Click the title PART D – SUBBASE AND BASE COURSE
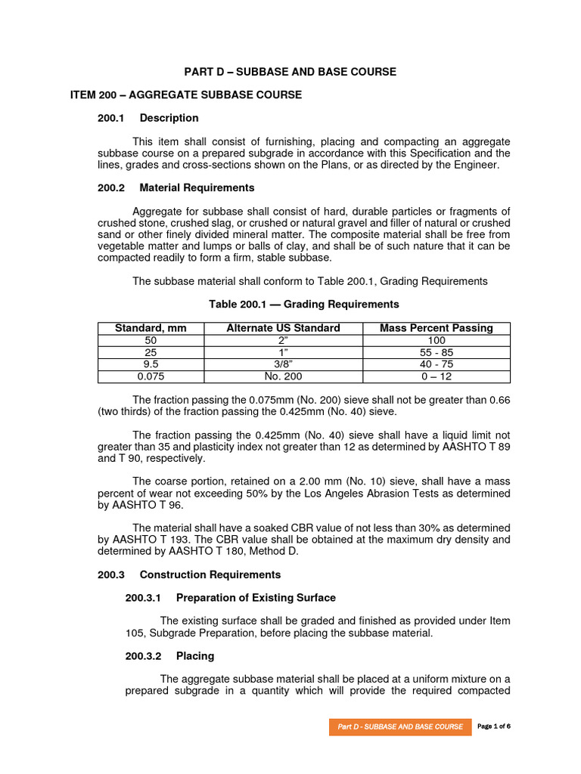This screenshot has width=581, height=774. [290, 72]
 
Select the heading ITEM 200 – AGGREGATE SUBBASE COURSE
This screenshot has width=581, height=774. [185, 94]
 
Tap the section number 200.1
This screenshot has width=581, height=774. [110, 118]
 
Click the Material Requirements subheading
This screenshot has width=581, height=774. [197, 187]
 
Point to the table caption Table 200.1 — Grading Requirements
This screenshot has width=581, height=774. [303, 304]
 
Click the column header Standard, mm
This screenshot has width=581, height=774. [150, 328]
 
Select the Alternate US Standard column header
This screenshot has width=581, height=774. [283, 328]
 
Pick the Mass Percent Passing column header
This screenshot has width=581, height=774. [437, 328]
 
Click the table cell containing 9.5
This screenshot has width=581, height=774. [150, 364]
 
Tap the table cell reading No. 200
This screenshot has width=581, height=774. [283, 376]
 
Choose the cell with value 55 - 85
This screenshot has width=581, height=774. [437, 352]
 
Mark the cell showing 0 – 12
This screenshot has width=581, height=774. [437, 376]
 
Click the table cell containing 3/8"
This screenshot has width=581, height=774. [283, 364]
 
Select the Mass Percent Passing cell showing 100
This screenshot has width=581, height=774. [437, 340]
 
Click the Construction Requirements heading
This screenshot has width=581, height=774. [210, 574]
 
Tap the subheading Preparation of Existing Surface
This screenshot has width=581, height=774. [256, 598]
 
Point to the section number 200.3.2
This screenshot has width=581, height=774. [143, 656]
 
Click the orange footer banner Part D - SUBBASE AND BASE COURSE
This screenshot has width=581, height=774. [400, 726]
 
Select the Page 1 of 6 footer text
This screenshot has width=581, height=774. [494, 726]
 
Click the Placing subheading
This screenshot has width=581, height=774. [195, 656]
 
